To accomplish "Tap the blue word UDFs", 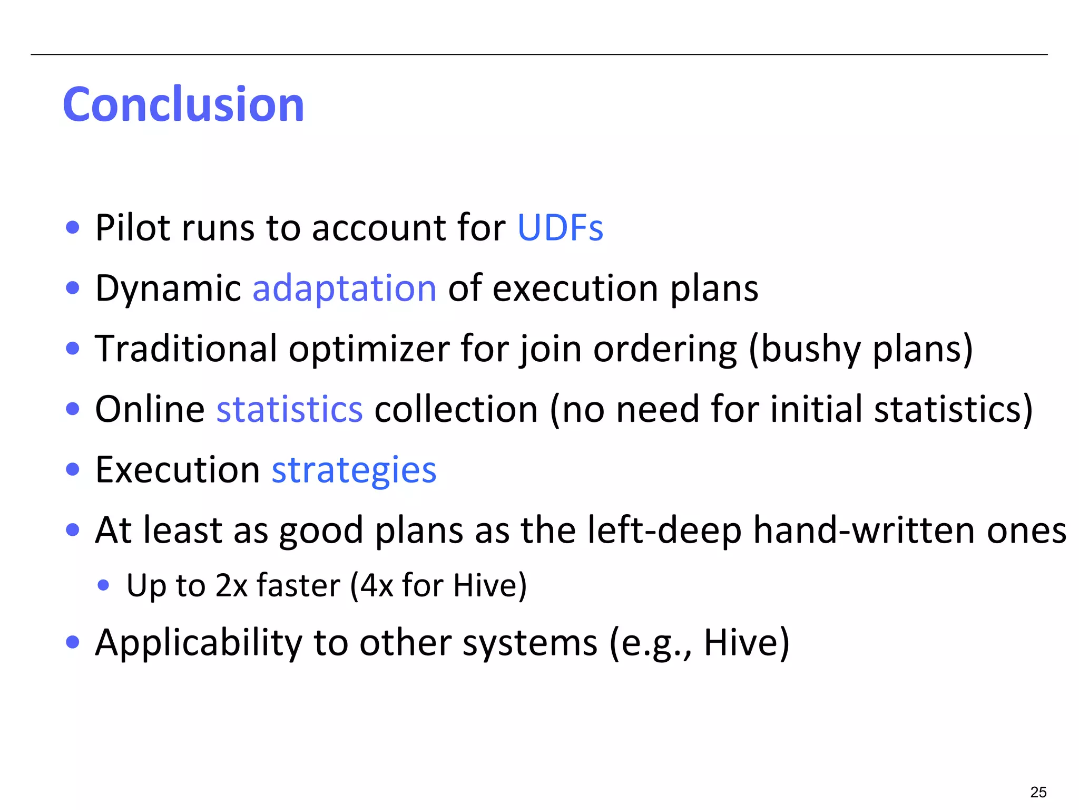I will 560,228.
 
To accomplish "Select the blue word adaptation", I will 345,289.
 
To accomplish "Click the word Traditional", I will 185,349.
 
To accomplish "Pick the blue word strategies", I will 354,470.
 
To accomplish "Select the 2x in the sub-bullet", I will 231,585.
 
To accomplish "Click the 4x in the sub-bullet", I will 377,585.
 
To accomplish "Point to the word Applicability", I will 199,643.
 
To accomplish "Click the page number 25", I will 1038,792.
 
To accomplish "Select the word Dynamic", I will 168,289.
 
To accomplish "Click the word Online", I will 150,409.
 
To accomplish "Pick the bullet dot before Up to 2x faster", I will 104,585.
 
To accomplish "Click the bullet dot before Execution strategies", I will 73,469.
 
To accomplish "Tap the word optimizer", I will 369,350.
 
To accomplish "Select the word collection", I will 456,409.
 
